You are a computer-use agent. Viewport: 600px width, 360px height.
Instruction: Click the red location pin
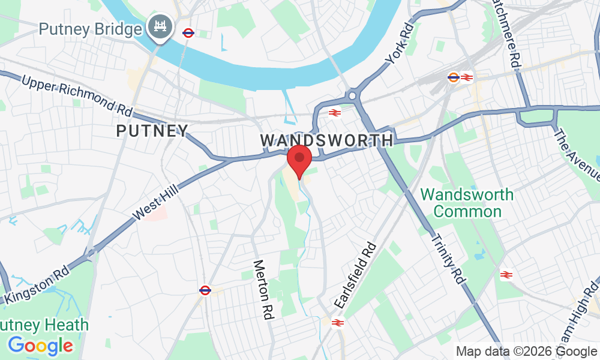tap(299, 160)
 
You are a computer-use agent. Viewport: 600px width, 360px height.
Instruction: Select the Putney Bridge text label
tap(91, 28)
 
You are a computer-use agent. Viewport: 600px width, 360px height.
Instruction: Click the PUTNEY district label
tap(152, 131)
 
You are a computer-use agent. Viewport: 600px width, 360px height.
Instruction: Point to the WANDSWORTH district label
tap(326, 140)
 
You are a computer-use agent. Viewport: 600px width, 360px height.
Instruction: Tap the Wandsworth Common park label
tap(467, 203)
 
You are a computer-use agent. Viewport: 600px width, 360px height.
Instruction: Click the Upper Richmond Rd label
tap(77, 95)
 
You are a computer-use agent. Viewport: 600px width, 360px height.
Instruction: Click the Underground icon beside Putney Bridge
tap(188, 33)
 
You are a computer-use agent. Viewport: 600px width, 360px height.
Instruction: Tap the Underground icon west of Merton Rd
tap(205, 290)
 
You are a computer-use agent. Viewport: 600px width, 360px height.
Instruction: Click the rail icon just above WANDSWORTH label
tap(335, 112)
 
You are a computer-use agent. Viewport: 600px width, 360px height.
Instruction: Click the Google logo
tap(41, 346)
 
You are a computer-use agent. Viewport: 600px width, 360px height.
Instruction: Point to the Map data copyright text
tap(526, 352)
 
